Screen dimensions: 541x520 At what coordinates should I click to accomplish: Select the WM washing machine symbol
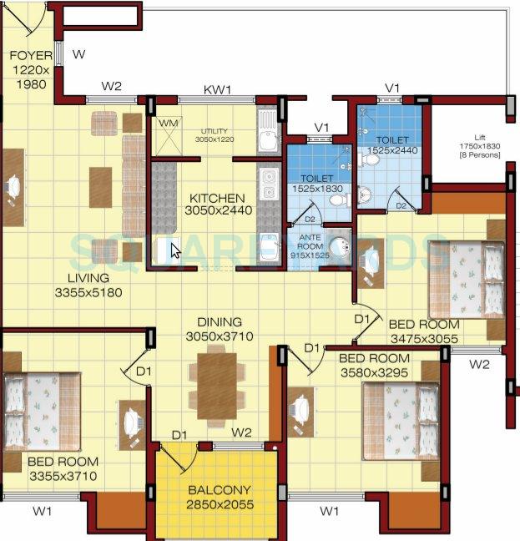coord(168,124)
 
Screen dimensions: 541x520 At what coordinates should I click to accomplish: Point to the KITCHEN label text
coord(217,198)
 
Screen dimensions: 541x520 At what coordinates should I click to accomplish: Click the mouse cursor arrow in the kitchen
coord(175,250)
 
